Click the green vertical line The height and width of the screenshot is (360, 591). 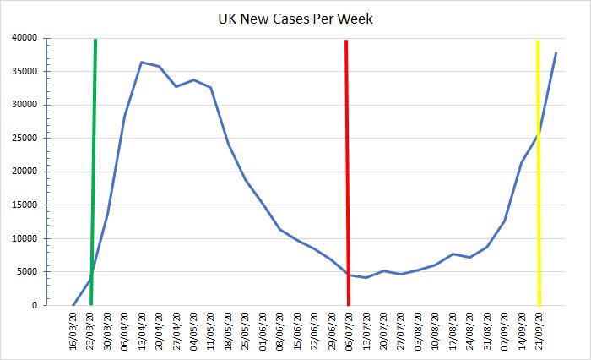93,169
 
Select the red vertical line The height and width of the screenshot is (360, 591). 347,169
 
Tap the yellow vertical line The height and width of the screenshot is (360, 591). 538,169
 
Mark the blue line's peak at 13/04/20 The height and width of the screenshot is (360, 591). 142,62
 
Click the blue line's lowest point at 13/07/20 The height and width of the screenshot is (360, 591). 366,277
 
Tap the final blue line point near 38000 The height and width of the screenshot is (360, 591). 556,53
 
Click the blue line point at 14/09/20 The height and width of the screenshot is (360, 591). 521,162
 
